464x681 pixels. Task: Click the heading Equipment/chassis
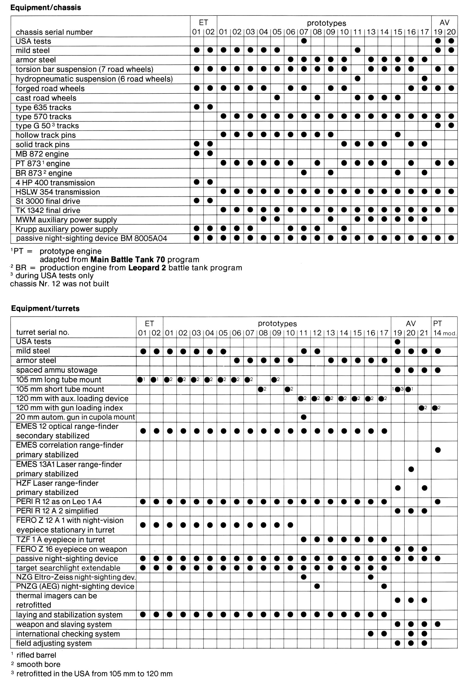tap(46, 7)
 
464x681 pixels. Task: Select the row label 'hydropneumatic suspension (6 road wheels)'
tap(94, 79)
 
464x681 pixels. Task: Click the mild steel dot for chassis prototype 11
tap(357, 50)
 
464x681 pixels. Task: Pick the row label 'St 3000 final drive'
tap(48, 201)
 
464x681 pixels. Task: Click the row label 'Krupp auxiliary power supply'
tap(66, 229)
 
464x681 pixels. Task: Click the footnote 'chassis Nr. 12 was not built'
tap(59, 284)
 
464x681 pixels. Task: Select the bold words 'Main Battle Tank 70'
tap(127, 259)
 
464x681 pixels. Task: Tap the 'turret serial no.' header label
tap(43, 332)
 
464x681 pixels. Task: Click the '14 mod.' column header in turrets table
tap(444, 333)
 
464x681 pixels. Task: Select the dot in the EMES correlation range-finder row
tap(438, 450)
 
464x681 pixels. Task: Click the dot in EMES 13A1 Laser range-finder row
tap(411, 469)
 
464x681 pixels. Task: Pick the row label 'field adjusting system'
tap(54, 643)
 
